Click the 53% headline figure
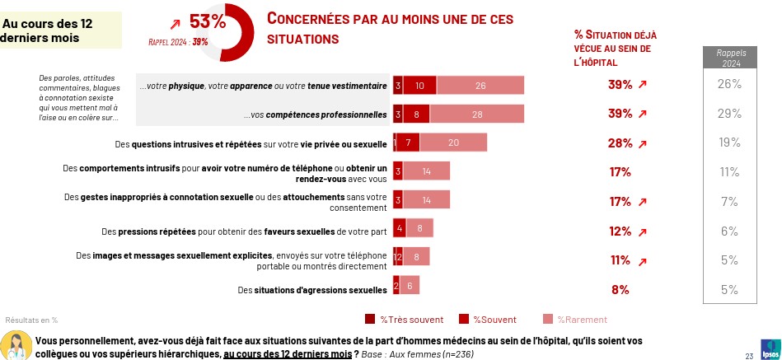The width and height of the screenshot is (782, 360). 207,21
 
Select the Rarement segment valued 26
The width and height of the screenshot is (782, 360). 480,85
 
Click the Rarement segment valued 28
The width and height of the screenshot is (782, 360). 477,114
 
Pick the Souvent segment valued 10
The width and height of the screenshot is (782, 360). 420,85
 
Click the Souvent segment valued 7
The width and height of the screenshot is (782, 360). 409,143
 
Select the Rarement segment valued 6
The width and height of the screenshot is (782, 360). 410,285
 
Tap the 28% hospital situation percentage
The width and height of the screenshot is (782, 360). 620,143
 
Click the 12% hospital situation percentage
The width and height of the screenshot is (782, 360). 620,231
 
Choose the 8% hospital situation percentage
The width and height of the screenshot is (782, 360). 620,289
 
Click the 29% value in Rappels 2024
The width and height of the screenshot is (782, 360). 729,113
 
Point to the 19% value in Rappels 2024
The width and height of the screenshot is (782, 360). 729,143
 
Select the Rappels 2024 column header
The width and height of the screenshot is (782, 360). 729,58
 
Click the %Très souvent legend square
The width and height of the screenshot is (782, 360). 369,320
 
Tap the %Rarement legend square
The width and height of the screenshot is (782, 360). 548,320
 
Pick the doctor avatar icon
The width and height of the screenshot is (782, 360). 16,345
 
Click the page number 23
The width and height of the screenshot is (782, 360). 748,356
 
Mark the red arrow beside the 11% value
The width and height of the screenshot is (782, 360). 643,261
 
